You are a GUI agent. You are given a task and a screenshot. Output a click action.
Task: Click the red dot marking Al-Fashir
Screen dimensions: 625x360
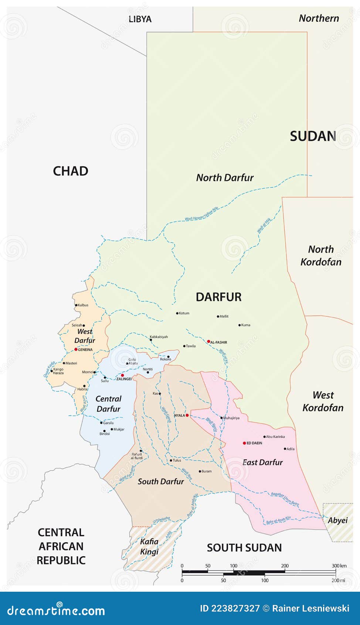point(208,342)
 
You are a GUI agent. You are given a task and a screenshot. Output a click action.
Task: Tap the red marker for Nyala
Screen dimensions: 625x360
point(187,415)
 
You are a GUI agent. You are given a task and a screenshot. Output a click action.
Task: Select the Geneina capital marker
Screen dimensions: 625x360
point(76,349)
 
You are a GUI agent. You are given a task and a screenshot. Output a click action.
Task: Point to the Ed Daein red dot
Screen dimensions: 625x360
point(244,443)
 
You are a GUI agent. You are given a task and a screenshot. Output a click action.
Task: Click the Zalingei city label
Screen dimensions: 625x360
point(124,379)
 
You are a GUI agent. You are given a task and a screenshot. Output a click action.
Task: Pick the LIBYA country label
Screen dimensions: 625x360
point(140,19)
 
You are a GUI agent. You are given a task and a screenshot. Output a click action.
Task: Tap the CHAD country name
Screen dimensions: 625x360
point(71,171)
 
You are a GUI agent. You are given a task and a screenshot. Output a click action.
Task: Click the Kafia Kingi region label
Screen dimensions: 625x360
point(149,547)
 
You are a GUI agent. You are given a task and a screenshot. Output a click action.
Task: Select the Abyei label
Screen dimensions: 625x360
point(338,520)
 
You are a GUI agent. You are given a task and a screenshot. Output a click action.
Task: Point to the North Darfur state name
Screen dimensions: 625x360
point(225,178)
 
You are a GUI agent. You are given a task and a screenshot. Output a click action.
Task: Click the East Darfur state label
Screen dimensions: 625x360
point(262,462)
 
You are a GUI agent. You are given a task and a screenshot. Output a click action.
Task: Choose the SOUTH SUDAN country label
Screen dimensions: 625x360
point(244,548)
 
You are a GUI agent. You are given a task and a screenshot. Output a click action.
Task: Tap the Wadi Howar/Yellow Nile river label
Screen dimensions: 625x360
point(202,214)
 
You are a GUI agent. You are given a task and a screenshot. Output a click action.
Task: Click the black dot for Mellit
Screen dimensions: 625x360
point(218,317)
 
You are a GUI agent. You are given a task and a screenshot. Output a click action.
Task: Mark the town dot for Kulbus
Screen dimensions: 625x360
point(76,305)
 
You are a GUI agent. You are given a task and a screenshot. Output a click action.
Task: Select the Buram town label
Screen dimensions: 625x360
point(207,472)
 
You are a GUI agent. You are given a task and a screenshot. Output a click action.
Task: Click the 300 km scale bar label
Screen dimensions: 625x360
point(339,566)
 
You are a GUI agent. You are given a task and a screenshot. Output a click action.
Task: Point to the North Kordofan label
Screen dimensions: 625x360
point(321,256)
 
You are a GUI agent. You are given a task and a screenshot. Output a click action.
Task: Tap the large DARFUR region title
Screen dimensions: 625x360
point(218,297)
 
